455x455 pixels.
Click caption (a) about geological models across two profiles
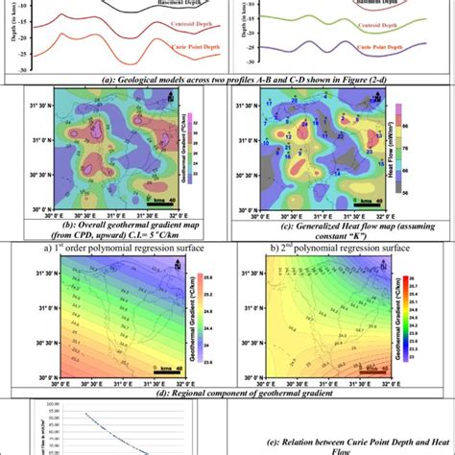(x=227, y=81)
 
